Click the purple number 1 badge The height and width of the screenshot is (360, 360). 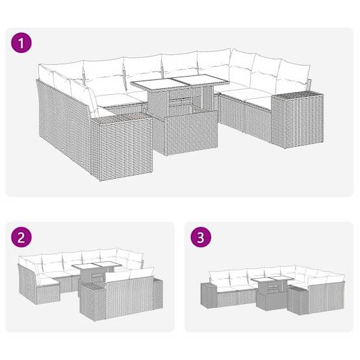click(23, 44)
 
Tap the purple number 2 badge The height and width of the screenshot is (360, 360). click(23, 238)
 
